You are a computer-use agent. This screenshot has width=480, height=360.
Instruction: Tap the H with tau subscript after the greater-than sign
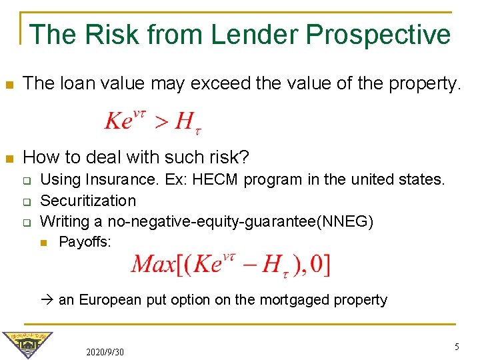[187, 122]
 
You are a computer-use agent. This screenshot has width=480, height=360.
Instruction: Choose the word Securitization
[88, 201]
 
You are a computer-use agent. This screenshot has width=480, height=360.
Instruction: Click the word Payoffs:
[85, 241]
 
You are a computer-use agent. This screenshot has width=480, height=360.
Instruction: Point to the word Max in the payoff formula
[153, 265]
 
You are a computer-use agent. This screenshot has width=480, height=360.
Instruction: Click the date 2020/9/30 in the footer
[105, 351]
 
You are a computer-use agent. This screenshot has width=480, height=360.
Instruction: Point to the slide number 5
[457, 347]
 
